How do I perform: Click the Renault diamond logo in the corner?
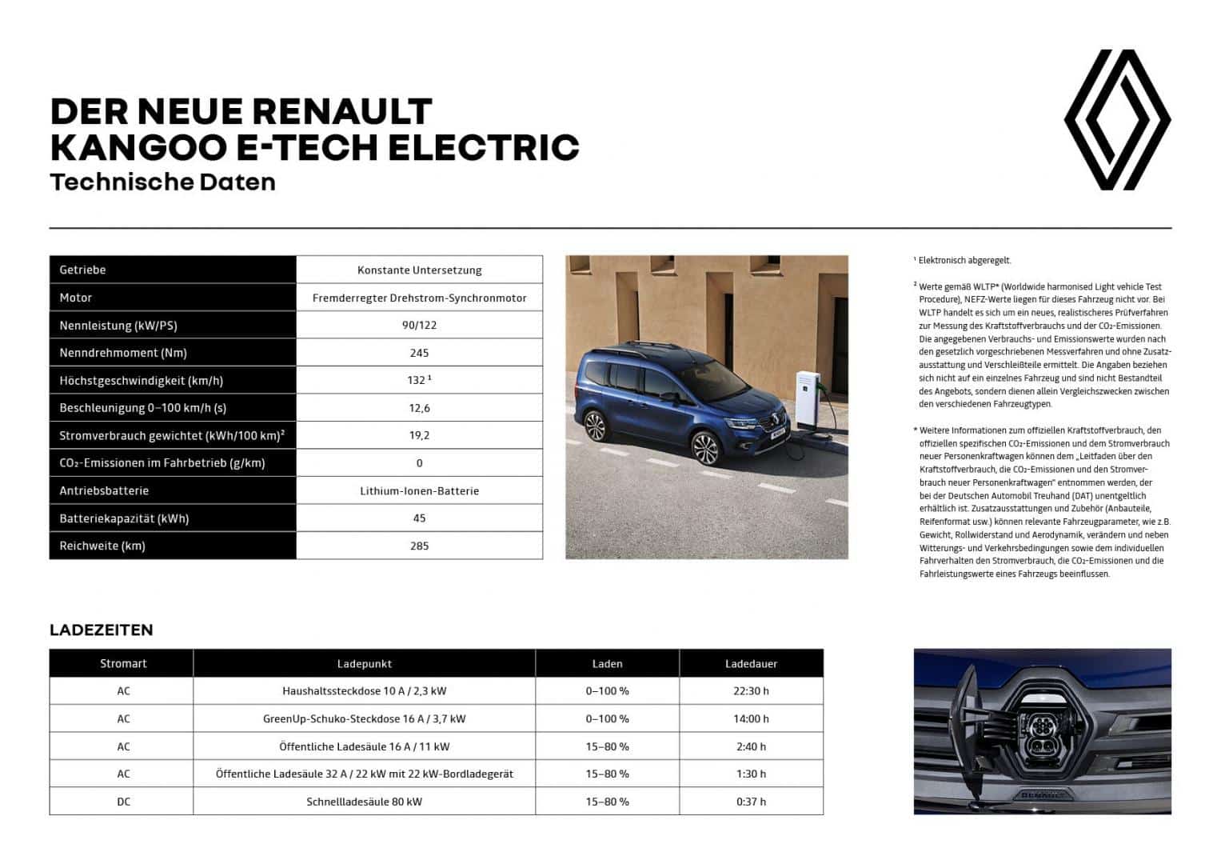point(1117,120)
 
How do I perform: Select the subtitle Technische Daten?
point(162,182)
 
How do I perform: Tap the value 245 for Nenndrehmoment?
point(419,353)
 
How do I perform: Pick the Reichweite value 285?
point(419,546)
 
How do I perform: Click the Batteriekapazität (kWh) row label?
point(124,518)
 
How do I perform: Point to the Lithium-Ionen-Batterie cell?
point(419,490)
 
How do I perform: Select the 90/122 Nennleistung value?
point(419,325)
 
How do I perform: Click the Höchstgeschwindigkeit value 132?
point(417,380)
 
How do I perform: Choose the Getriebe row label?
point(82,270)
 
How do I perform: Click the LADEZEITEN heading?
point(101,630)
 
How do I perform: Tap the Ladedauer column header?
point(751,663)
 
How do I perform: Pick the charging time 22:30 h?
point(751,690)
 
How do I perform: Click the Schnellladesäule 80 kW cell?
point(364,801)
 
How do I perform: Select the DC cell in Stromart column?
point(123,801)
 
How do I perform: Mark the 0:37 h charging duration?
point(751,801)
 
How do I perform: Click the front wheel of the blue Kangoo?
point(705,450)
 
